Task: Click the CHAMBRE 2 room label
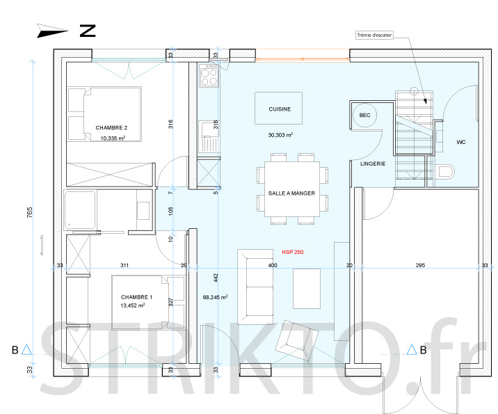[111, 128]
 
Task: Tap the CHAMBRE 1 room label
[136, 297]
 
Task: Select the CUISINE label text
[280, 109]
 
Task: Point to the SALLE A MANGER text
[291, 193]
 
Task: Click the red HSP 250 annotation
[293, 252]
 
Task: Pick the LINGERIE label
[373, 164]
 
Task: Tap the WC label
[461, 142]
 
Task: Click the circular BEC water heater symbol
[364, 115]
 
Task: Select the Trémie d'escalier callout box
[374, 35]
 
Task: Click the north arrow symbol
[51, 31]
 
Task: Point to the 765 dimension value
[29, 212]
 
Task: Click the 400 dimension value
[273, 265]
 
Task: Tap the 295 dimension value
[420, 265]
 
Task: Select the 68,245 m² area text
[215, 297]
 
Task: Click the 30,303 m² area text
[280, 135]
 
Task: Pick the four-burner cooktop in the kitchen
[209, 75]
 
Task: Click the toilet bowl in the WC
[446, 172]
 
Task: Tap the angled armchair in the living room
[296, 341]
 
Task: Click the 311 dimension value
[124, 265]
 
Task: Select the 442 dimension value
[216, 278]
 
